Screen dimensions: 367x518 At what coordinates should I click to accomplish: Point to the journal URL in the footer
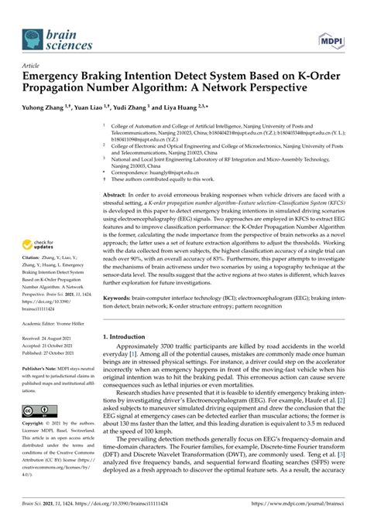click(x=300, y=511)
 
